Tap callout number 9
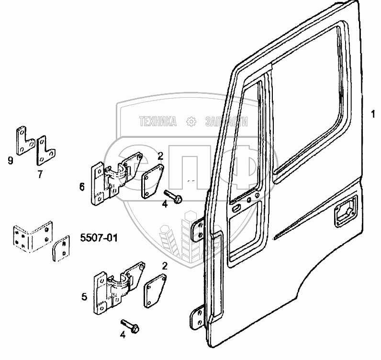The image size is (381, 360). (11, 160)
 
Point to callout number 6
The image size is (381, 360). (82, 186)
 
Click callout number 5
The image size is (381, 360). (84, 297)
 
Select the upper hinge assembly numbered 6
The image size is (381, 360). (114, 178)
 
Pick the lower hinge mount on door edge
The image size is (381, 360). (196, 318)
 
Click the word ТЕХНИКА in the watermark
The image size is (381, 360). (157, 122)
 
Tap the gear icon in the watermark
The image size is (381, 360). (191, 122)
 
